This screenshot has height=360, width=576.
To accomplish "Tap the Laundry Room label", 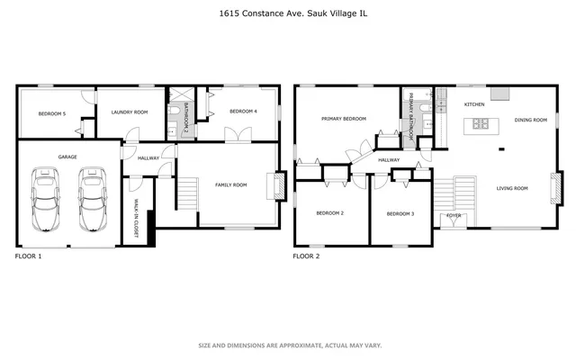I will tap(129, 112).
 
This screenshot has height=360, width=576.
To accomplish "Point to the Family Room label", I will tap(230, 184).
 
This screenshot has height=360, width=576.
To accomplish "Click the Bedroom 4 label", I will tap(243, 111).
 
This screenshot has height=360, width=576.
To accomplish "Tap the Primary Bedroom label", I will tap(344, 119).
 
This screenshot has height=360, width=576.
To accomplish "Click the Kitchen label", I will tap(474, 104).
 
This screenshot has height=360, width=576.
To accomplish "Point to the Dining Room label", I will tap(530, 120).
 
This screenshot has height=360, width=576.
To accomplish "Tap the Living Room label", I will tap(512, 188).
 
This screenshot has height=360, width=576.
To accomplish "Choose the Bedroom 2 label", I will tap(329, 213).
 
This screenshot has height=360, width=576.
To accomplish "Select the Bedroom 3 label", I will tap(400, 213).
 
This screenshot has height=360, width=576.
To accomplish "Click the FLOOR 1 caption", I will tap(29, 256).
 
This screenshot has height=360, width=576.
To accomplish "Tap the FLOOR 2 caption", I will tap(306, 256).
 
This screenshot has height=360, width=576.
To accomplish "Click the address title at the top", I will tap(288, 13).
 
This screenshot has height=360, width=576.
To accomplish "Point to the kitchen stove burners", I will tap(481, 123).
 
